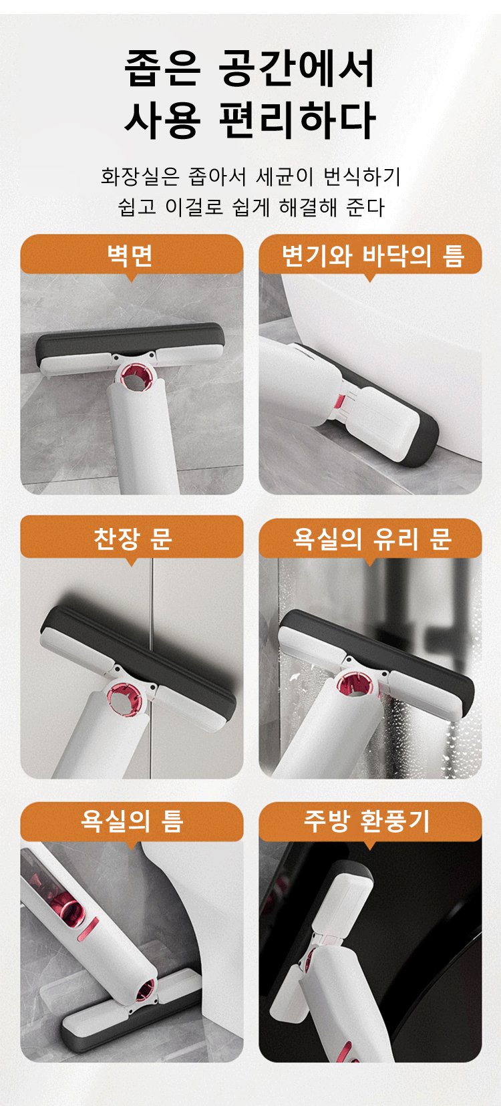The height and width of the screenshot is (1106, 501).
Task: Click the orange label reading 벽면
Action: (x=132, y=255)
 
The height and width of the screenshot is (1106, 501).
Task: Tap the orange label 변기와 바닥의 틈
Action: (x=370, y=255)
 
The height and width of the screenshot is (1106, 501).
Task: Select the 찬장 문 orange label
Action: (x=132, y=538)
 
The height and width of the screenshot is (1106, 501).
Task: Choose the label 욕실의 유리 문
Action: (x=370, y=538)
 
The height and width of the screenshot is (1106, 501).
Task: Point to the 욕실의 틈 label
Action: (x=132, y=821)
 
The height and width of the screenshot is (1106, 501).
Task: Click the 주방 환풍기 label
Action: (x=370, y=821)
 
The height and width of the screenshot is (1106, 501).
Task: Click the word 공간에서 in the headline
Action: (x=296, y=68)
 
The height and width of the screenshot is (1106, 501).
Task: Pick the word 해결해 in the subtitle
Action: (x=307, y=207)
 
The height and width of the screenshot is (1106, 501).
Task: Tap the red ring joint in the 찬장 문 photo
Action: (x=124, y=698)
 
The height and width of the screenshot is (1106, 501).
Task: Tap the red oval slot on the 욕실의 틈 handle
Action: (x=88, y=928)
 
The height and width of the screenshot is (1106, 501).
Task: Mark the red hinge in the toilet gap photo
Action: (x=339, y=402)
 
